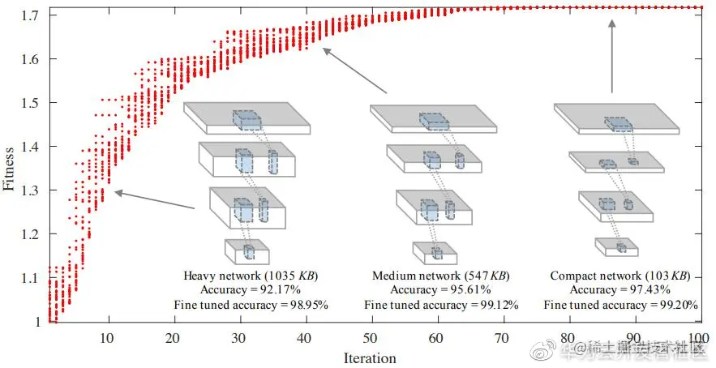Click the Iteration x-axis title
coord(370,357)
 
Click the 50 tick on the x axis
coord(371,337)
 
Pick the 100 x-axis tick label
coord(696,337)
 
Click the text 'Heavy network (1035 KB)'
coord(250,276)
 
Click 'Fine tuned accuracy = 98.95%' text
coord(250,305)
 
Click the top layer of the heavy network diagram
coord(248,119)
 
